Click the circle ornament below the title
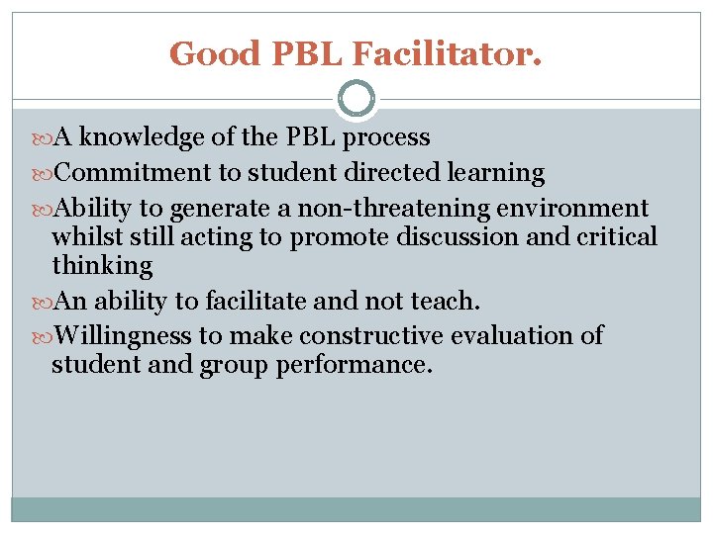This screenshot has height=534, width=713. pyautogui.click(x=356, y=99)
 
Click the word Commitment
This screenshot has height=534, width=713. pyautogui.click(x=133, y=173)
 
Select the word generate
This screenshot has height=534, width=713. pyautogui.click(x=218, y=209)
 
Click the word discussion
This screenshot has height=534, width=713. pyautogui.click(x=469, y=237)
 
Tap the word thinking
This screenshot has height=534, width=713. pyautogui.click(x=102, y=266)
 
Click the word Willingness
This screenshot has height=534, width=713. pyautogui.click(x=125, y=336)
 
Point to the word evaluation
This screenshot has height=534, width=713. pyautogui.click(x=514, y=336)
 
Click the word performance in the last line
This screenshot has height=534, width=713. pyautogui.click(x=355, y=365)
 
